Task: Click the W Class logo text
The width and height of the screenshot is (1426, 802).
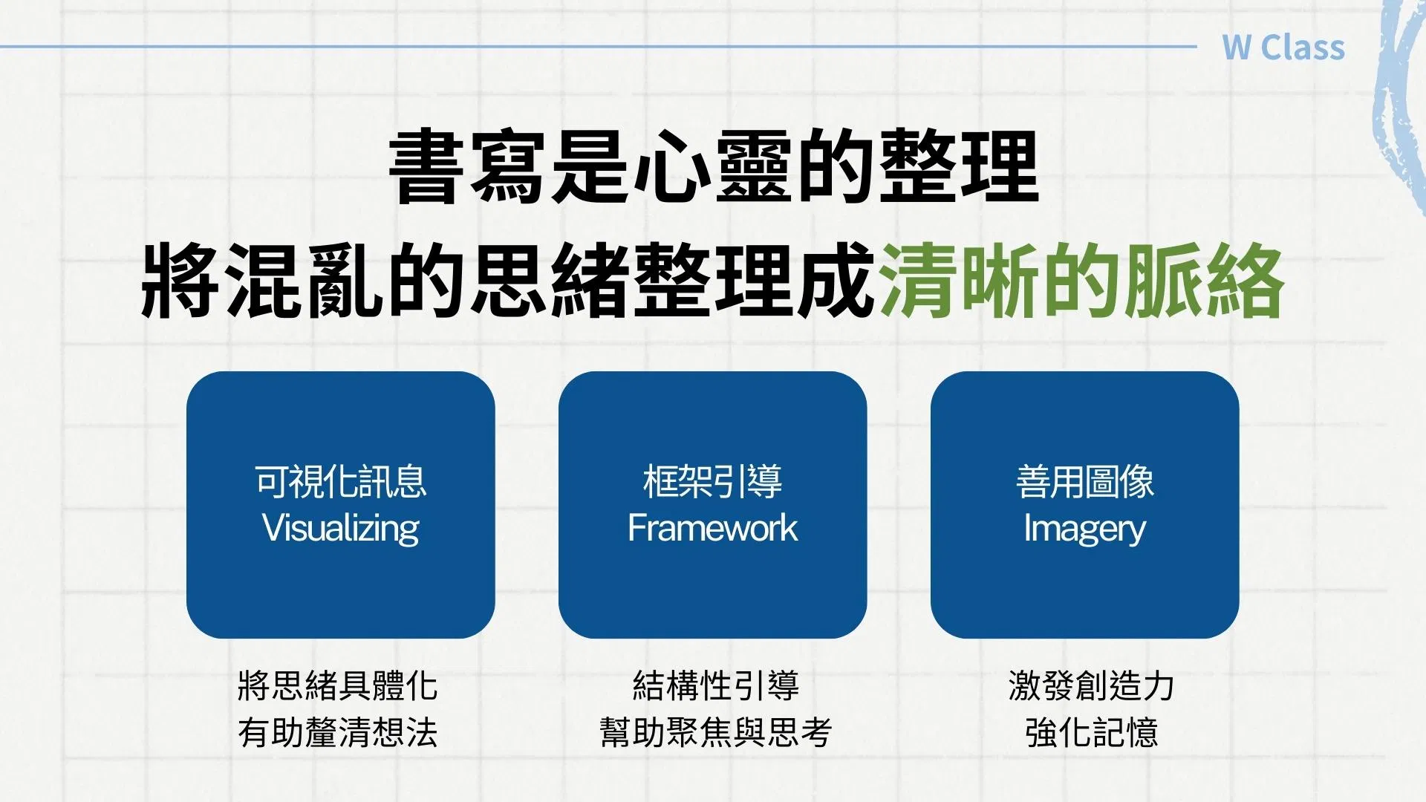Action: (x=1283, y=47)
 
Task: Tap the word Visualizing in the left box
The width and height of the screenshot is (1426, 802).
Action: (x=341, y=529)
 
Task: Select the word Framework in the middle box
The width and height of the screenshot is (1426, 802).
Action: (x=712, y=528)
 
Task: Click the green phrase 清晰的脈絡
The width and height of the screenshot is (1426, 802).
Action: (x=1081, y=281)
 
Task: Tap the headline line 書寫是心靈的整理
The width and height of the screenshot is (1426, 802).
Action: (x=713, y=167)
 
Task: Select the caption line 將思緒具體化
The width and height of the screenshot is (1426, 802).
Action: (x=337, y=685)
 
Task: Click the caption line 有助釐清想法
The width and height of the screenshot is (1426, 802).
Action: (x=337, y=732)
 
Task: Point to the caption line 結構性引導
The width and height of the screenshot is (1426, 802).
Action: (x=716, y=685)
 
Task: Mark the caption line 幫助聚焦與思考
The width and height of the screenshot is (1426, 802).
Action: (x=716, y=732)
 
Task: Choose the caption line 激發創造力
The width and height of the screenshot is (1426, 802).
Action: (x=1091, y=685)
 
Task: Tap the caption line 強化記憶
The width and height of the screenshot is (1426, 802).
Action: (x=1091, y=732)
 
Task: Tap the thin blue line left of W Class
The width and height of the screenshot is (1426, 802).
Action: (x=599, y=47)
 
